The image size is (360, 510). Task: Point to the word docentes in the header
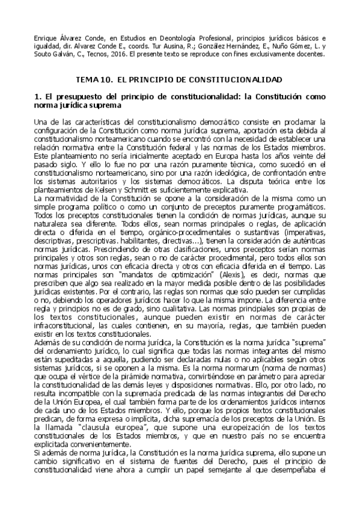tap(308, 54)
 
